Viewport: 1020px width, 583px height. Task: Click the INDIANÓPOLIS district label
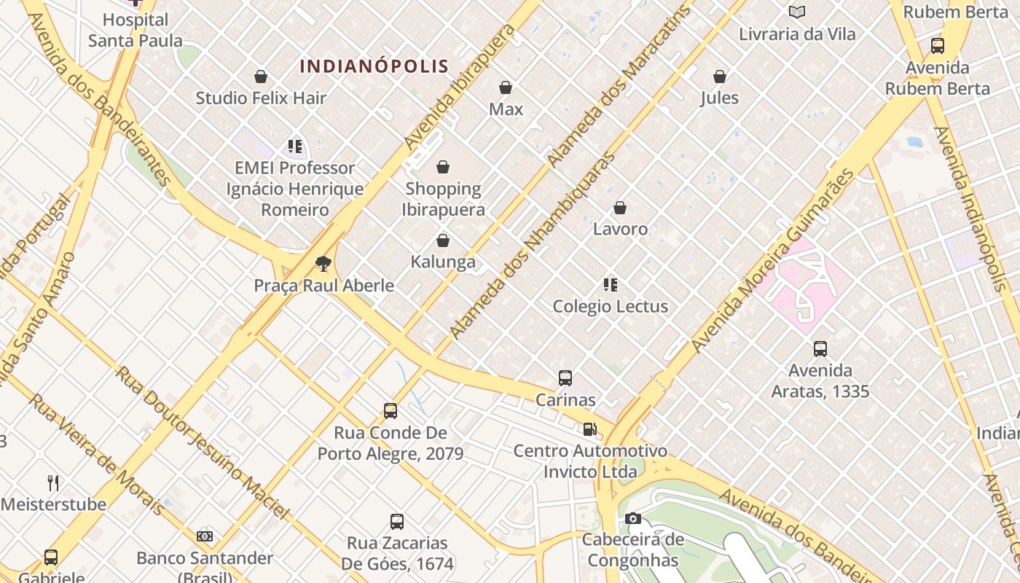[374, 66]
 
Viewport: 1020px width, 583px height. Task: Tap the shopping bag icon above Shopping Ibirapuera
[443, 168]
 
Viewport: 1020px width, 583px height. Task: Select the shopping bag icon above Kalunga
[443, 240]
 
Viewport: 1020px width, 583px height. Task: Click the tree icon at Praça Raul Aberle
[323, 264]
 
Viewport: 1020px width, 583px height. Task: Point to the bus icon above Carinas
[565, 378]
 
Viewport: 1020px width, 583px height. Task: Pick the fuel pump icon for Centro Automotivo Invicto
[589, 429]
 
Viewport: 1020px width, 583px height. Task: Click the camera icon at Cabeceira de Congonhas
[633, 519]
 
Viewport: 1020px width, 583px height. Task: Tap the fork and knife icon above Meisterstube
[53, 482]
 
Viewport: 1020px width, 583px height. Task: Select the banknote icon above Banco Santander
[205, 536]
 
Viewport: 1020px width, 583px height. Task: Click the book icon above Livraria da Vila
[797, 12]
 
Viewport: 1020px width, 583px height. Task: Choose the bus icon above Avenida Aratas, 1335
[820, 349]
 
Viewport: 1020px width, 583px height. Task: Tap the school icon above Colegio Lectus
[611, 285]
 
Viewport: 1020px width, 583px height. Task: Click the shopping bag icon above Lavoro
[620, 208]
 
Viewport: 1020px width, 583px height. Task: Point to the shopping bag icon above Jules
[720, 77]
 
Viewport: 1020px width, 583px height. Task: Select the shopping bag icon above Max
[506, 87]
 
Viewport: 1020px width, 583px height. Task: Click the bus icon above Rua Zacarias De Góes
[397, 522]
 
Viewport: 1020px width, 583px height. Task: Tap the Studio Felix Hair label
[261, 98]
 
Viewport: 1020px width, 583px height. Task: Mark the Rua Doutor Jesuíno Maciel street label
[203, 442]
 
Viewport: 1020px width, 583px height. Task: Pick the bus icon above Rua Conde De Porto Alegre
[391, 411]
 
